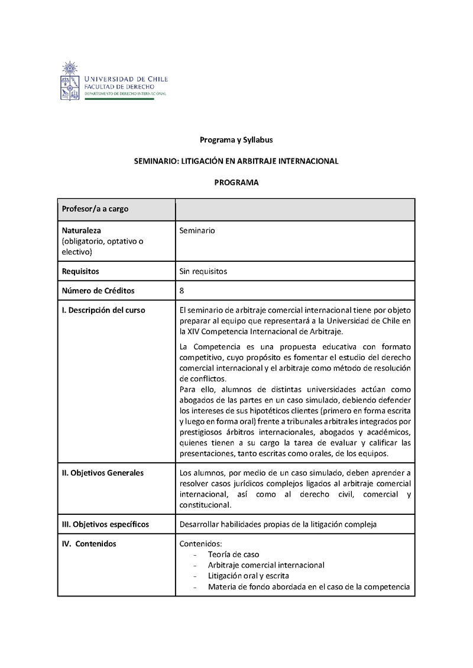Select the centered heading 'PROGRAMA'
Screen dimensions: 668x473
point(236,183)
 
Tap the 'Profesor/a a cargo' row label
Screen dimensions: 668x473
point(95,209)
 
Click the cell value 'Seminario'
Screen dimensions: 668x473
point(197,231)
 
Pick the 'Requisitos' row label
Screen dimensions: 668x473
point(80,271)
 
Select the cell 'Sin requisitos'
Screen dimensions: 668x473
point(203,271)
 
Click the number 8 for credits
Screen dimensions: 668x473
point(182,290)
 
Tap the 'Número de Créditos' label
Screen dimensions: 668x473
point(98,290)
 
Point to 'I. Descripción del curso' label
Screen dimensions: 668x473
point(103,310)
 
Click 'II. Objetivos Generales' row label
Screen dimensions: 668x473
point(102,472)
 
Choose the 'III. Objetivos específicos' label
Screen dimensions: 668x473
point(105,524)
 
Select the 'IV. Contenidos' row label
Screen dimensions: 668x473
point(89,544)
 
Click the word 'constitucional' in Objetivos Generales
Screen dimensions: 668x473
point(205,505)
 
